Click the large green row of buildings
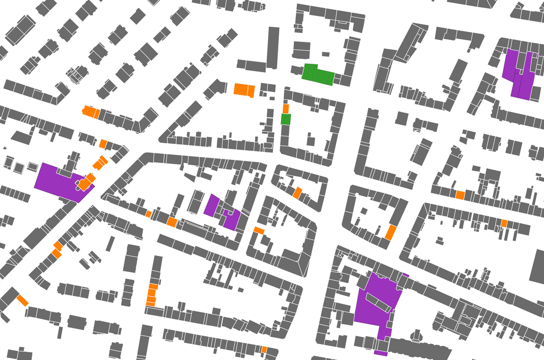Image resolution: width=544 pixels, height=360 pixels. click(x=318, y=74)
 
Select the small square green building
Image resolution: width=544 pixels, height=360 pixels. click(x=286, y=119)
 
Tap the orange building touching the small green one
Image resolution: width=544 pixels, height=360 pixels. click(x=286, y=108)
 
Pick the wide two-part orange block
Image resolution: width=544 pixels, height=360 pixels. click(x=244, y=89)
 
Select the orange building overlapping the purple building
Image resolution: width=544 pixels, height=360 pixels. click(x=86, y=182)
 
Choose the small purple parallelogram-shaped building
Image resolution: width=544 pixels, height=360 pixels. click(x=212, y=204)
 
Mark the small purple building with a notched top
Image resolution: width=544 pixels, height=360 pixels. click(x=232, y=219)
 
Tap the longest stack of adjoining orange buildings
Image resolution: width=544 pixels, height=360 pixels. click(x=152, y=295)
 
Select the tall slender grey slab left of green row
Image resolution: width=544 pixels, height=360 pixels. click(x=273, y=48)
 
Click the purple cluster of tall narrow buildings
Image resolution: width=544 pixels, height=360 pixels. click(x=520, y=74)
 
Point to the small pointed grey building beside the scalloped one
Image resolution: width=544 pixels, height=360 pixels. click(x=416, y=336)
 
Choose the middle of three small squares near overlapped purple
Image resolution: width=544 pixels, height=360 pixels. click(x=19, y=168)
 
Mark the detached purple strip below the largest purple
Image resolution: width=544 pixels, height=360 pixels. click(x=380, y=353)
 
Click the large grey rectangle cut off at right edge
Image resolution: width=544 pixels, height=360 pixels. click(x=537, y=265)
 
